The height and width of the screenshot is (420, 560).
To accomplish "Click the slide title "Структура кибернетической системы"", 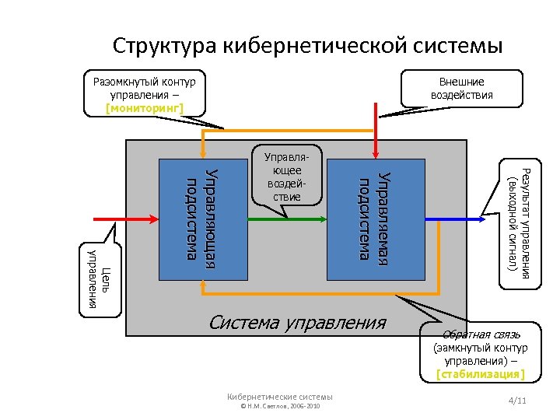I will pyautogui.click(x=307, y=45).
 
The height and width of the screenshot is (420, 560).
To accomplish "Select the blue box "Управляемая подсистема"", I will pyautogui.click(x=376, y=219).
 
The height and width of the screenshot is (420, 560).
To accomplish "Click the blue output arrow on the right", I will pyautogui.click(x=464, y=220).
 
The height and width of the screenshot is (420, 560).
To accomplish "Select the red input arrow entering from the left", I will pyautogui.click(x=124, y=220).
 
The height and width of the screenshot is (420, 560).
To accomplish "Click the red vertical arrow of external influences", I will pyautogui.click(x=376, y=132).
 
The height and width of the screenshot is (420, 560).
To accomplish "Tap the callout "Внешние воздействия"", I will pyautogui.click(x=461, y=89).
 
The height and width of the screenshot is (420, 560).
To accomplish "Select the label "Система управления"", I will pyautogui.click(x=298, y=322).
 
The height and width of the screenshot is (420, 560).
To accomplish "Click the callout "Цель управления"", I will pyautogui.click(x=101, y=279).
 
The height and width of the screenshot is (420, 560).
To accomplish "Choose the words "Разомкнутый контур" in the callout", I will pyautogui.click(x=144, y=81).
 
